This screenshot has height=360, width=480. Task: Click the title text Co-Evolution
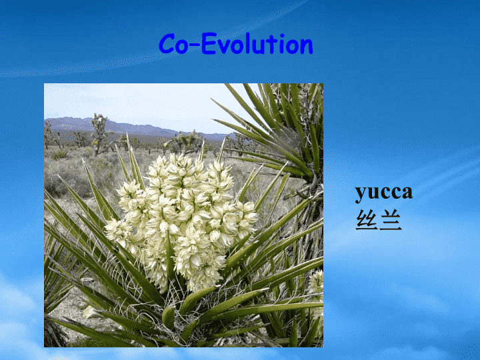[236, 44]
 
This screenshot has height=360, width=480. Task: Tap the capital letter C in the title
[167, 44]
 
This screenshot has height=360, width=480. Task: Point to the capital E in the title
[209, 44]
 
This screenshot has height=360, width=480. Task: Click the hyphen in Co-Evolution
[195, 46]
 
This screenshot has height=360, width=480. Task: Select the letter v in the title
[224, 47]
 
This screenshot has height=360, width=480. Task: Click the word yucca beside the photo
[384, 193]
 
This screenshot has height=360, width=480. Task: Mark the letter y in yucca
[361, 195]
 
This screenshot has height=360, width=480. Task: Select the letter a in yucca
[407, 193]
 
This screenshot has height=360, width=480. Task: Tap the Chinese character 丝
[367, 219]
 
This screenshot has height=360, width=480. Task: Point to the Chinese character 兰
[390, 219]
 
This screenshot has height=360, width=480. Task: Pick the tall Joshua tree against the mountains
[99, 134]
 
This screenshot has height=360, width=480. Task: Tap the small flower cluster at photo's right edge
[317, 283]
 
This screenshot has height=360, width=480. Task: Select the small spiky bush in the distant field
[60, 154]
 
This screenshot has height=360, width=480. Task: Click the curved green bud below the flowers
[169, 317]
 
